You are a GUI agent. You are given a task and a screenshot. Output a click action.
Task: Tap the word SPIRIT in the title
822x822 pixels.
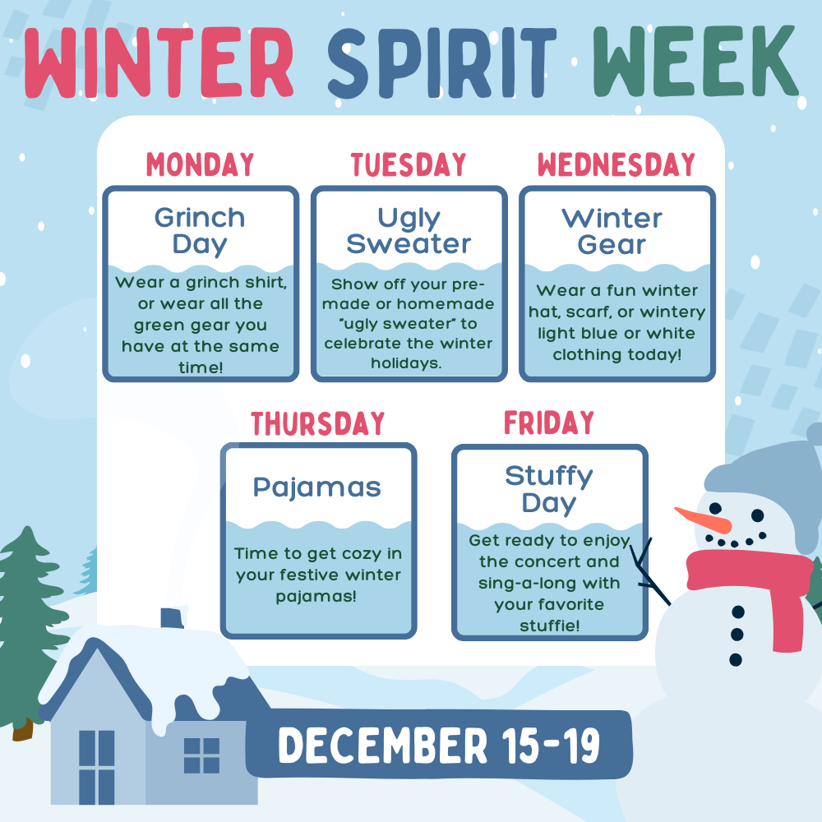click(442, 62)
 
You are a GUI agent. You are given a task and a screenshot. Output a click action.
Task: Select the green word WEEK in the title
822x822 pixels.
click(695, 62)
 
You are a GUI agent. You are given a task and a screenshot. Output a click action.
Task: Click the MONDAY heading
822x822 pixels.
click(200, 164)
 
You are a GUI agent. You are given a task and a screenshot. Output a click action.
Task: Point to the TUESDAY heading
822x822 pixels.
click(409, 164)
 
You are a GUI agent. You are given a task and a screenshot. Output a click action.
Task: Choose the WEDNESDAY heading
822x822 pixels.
click(616, 164)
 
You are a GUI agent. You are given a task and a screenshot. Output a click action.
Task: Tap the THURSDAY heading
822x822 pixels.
click(318, 423)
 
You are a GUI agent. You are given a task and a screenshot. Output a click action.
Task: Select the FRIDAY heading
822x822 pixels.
click(548, 423)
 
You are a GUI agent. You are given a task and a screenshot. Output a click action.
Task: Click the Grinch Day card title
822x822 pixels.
click(200, 230)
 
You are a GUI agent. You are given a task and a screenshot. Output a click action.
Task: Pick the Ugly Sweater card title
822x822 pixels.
click(409, 230)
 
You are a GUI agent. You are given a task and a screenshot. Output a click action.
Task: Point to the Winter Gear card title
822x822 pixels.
click(612, 230)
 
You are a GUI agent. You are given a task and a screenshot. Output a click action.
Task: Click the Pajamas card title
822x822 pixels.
click(317, 487)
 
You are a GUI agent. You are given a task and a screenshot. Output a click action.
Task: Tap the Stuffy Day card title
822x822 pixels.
click(548, 489)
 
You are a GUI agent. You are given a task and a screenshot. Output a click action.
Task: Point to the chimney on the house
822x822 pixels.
click(172, 618)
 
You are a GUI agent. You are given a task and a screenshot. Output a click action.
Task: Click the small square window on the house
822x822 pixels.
click(201, 755)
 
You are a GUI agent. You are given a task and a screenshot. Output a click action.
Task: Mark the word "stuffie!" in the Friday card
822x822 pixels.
click(548, 626)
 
